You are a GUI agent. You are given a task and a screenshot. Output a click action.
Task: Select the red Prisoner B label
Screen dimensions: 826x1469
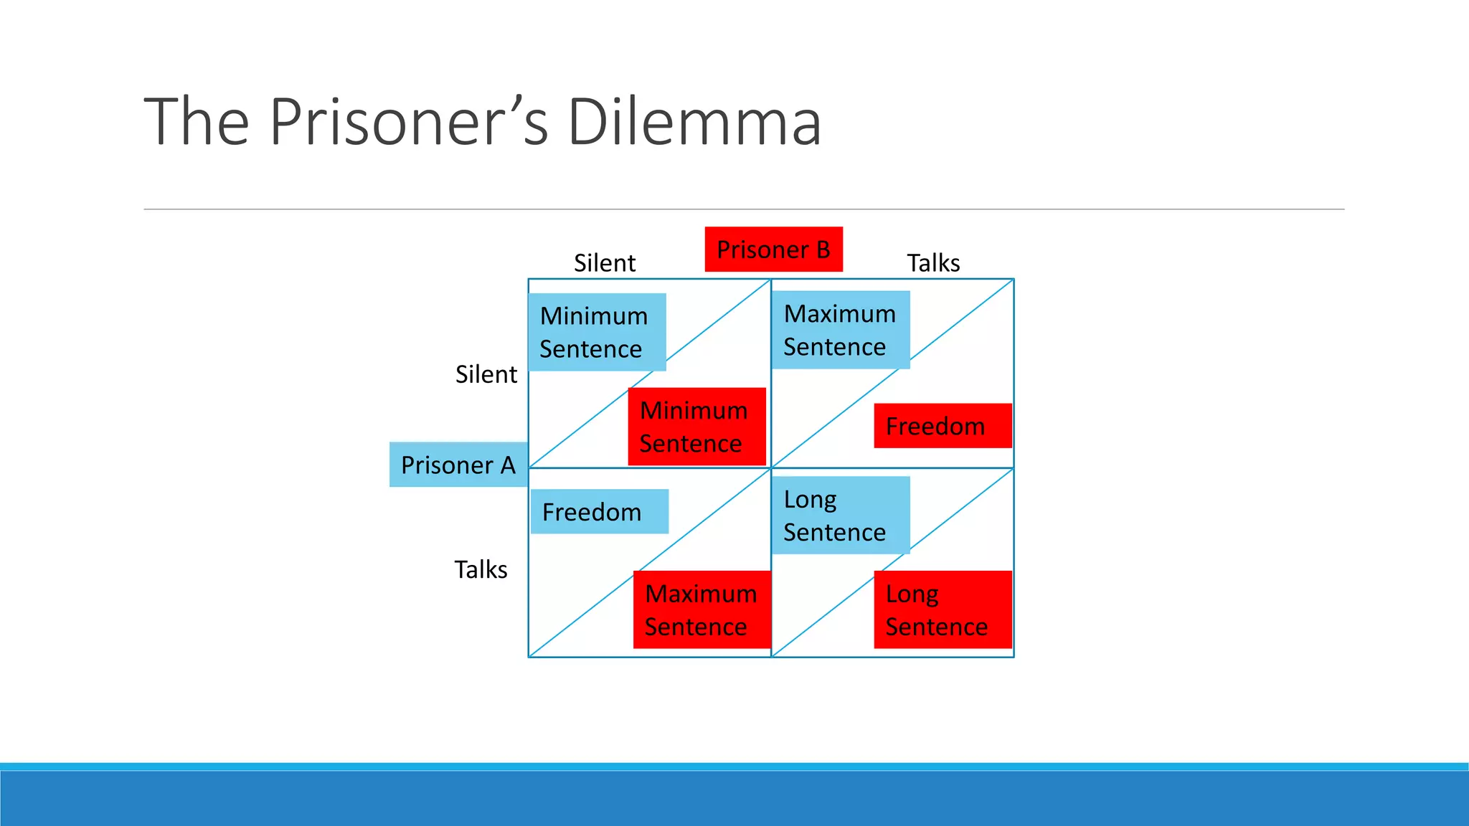pyautogui.click(x=773, y=250)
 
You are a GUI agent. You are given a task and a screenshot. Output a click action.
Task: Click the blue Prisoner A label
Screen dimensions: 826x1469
pyautogui.click(x=458, y=465)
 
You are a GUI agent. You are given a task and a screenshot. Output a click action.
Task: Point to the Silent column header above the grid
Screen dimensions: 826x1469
pyautogui.click(x=605, y=263)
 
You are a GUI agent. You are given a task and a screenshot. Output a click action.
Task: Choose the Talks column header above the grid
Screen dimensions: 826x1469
pyautogui.click(x=933, y=263)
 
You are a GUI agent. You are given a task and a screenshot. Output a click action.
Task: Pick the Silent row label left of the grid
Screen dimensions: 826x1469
pyautogui.click(x=486, y=374)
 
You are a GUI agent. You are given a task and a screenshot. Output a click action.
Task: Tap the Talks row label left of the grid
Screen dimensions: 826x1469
pyautogui.click(x=481, y=569)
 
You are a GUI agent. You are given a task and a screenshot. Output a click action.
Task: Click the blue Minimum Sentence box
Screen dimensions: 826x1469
pyautogui.click(x=597, y=332)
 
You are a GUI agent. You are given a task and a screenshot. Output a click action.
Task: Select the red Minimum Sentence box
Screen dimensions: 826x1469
pyautogui.click(x=696, y=427)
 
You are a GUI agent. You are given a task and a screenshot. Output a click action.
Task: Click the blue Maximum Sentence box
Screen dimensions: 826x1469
pyautogui.click(x=840, y=330)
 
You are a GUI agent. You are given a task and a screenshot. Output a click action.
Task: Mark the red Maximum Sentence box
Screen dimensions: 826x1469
pyautogui.click(x=702, y=609)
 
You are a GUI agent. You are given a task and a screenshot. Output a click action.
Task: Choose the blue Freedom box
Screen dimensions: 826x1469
pyautogui.click(x=599, y=512)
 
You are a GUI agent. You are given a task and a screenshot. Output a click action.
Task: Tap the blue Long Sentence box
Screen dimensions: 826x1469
pyautogui.click(x=840, y=516)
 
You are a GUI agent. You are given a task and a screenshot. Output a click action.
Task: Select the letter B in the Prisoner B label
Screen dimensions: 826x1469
pyautogui.click(x=823, y=250)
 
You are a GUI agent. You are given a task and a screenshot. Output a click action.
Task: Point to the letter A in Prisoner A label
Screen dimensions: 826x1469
pyautogui.click(x=508, y=465)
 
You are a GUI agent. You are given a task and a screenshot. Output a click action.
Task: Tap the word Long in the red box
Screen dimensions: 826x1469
pyautogui.click(x=912, y=594)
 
